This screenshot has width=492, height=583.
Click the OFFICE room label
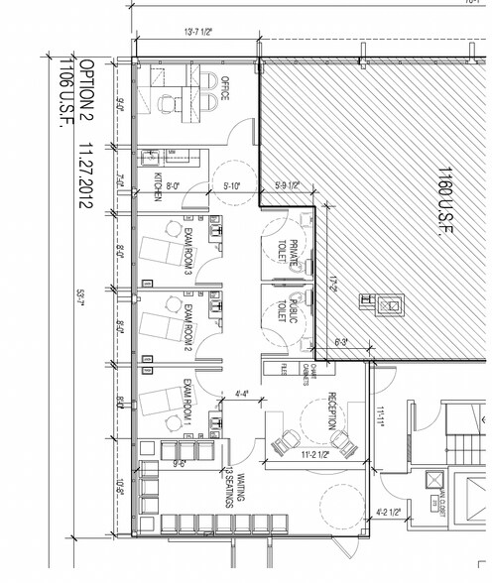point(225,92)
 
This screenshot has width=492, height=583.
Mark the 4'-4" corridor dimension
point(241,394)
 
